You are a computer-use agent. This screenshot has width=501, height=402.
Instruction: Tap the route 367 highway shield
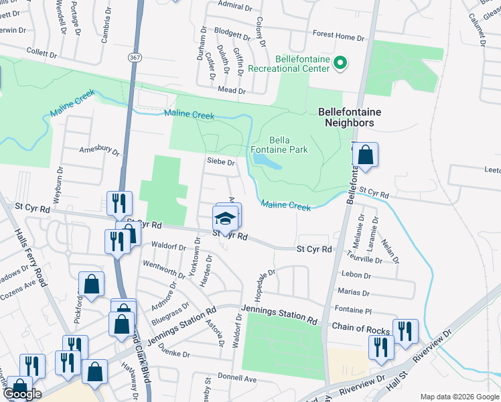pyautogui.click(x=135, y=58)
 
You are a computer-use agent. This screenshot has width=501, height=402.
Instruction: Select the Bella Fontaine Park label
pyautogui.click(x=279, y=145)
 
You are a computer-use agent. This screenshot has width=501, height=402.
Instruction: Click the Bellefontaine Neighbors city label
pyautogui.click(x=345, y=117)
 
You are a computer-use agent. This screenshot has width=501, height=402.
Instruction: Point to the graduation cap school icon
pyautogui.click(x=226, y=218)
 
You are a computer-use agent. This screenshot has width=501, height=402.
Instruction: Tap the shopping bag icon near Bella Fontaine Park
pyautogui.click(x=366, y=155)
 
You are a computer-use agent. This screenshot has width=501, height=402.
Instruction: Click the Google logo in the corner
pyautogui.click(x=22, y=394)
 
